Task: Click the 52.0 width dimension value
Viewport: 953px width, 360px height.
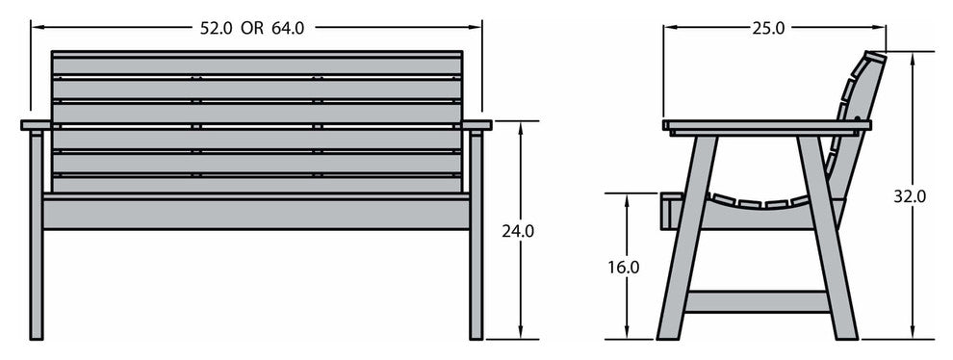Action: pyautogui.click(x=216, y=28)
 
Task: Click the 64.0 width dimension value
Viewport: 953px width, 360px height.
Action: pyautogui.click(x=288, y=28)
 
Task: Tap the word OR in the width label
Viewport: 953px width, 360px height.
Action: pyautogui.click(x=252, y=28)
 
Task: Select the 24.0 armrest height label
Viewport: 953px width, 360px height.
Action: pyautogui.click(x=517, y=231)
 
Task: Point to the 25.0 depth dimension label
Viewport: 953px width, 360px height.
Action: pyautogui.click(x=767, y=28)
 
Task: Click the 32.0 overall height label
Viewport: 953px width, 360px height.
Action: pyautogui.click(x=910, y=196)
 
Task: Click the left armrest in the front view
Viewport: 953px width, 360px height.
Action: pyautogui.click(x=36, y=125)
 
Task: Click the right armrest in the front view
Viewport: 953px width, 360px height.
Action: pyautogui.click(x=476, y=125)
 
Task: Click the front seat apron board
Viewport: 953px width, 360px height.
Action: pyautogui.click(x=256, y=213)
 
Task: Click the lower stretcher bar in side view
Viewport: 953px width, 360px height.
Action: pyautogui.click(x=757, y=301)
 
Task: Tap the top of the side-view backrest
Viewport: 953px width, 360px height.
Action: pyautogui.click(x=875, y=58)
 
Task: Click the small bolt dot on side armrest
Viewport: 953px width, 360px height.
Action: pyautogui.click(x=856, y=120)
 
